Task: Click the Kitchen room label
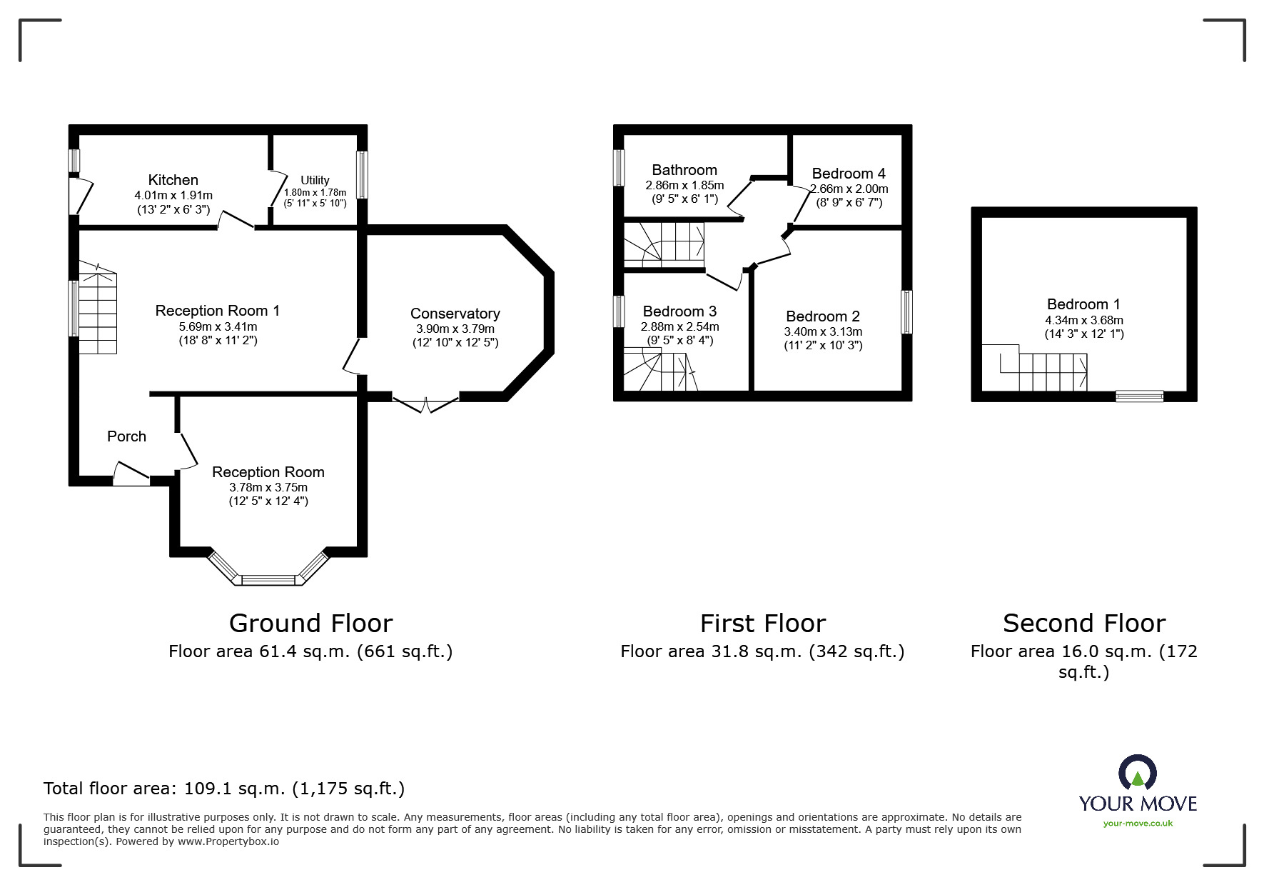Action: pos(173,180)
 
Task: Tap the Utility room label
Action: pos(315,180)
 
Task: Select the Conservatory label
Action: pos(455,314)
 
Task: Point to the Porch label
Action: pos(126,436)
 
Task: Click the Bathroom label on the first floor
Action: pos(684,170)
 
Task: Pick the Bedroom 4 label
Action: pos(849,174)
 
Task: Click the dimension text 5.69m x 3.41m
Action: pos(218,326)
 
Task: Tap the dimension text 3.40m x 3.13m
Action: pos(823,331)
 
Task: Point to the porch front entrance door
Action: pos(131,474)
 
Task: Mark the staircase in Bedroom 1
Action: pos(1036,368)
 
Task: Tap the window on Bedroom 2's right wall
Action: pos(906,311)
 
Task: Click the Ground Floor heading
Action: pos(311,624)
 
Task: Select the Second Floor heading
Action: pos(1084,624)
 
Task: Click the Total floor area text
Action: pos(224,789)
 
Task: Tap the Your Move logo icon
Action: pos(1137,772)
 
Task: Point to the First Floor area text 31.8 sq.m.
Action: pos(762,651)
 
